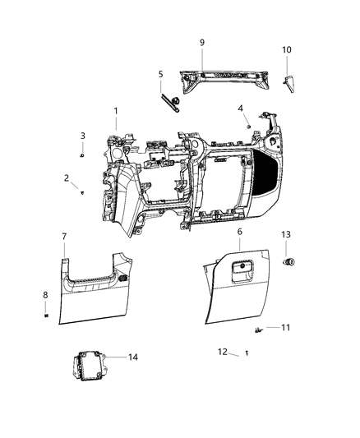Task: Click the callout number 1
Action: tap(116, 111)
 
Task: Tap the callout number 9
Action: tap(201, 42)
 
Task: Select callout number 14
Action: tap(132, 357)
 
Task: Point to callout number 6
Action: tap(238, 233)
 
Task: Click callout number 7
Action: tap(64, 237)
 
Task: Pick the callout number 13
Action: tap(286, 234)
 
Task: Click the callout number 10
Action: tap(287, 50)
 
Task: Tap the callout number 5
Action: tap(161, 74)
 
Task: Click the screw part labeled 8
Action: tap(47, 315)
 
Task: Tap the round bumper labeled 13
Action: tap(289, 262)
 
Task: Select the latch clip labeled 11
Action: tap(260, 330)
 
